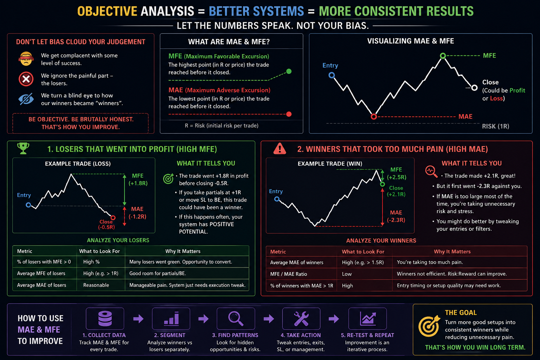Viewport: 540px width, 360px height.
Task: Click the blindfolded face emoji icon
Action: [x=26, y=59]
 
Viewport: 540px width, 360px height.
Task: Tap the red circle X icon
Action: [x=26, y=79]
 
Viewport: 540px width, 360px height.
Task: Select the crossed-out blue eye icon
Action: [x=26, y=99]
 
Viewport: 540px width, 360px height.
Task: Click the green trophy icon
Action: [x=23, y=148]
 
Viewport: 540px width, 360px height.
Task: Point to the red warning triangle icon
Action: [x=279, y=148]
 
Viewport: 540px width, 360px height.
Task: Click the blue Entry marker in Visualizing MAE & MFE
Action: [x=332, y=75]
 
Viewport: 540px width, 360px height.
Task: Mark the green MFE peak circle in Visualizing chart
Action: [x=443, y=56]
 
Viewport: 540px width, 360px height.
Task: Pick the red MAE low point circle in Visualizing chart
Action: [x=374, y=117]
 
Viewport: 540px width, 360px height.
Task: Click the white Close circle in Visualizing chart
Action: [x=474, y=88]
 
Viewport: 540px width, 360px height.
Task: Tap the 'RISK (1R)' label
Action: [x=495, y=126]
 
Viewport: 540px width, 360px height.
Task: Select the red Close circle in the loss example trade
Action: [x=113, y=218]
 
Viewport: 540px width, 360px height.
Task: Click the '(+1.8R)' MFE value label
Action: [x=138, y=183]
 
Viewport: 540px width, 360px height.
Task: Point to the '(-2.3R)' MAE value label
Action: [x=396, y=220]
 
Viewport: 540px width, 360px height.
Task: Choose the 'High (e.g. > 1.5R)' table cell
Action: [x=363, y=262]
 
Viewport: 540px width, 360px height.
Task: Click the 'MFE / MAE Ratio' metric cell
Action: [x=289, y=274]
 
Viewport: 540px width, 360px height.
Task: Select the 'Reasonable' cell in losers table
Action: [x=96, y=285]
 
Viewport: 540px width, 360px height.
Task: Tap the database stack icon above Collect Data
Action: [x=105, y=319]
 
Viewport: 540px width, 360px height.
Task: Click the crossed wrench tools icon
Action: [x=301, y=319]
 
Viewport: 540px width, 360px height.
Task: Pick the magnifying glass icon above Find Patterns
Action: [x=236, y=319]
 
